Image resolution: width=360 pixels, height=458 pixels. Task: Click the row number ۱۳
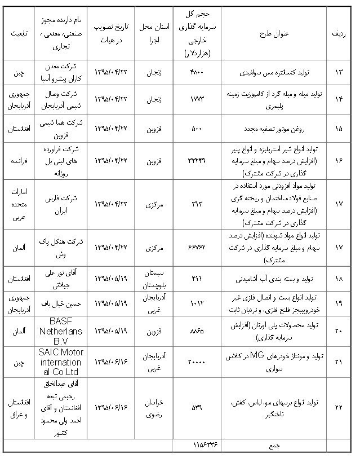tap(338, 73)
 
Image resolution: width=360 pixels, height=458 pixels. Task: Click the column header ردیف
tap(338, 33)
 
